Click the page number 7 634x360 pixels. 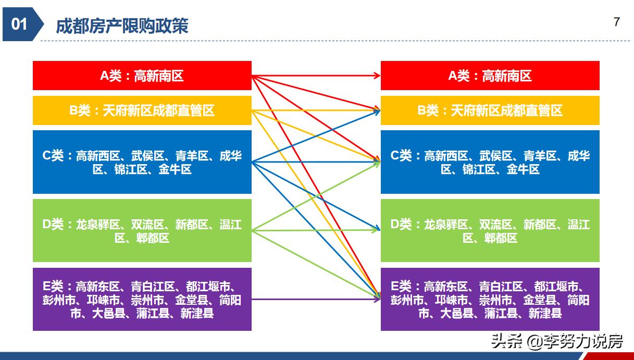pyautogui.click(x=617, y=22)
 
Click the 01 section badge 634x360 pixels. pyautogui.click(x=19, y=24)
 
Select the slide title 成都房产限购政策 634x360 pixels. pyautogui.click(x=122, y=26)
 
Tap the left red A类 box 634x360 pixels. pyautogui.click(x=142, y=76)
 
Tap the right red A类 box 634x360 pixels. pyautogui.click(x=490, y=76)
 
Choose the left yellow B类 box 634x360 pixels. pyautogui.click(x=142, y=110)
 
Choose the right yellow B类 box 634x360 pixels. pyautogui.click(x=490, y=110)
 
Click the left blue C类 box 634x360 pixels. pyautogui.click(x=142, y=162)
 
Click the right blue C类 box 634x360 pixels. pyautogui.click(x=490, y=162)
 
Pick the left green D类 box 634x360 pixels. pyautogui.click(x=142, y=231)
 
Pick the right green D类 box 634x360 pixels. pyautogui.click(x=490, y=231)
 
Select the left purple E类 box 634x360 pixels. pyautogui.click(x=142, y=300)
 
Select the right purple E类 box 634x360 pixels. pyautogui.click(x=490, y=300)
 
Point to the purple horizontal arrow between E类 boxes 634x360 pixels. pyautogui.click(x=313, y=300)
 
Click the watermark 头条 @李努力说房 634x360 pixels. pyautogui.click(x=556, y=342)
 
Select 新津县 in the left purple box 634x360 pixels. pyautogui.click(x=197, y=314)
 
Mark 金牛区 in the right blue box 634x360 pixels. pyautogui.click(x=523, y=169)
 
